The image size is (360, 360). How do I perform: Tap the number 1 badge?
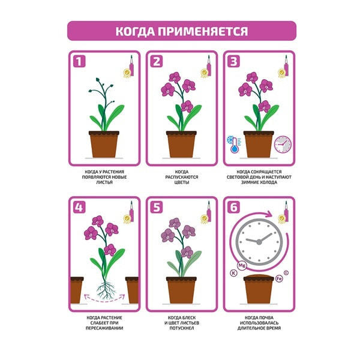79,62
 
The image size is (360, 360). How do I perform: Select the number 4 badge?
79,208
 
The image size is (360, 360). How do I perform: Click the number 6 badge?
234,208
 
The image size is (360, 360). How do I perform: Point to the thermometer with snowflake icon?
234,145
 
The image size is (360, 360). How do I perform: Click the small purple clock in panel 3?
283,145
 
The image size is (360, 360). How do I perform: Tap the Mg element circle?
242,266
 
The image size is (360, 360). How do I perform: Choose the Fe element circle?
279,279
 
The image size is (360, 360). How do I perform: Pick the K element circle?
233,273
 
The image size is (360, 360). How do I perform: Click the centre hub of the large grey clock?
259,242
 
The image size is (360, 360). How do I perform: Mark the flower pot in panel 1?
104,144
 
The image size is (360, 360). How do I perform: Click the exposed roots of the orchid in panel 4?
105,290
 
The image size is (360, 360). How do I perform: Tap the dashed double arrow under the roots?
104,299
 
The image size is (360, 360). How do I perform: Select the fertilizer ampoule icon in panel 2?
209,65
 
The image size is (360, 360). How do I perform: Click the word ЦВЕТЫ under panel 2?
182,182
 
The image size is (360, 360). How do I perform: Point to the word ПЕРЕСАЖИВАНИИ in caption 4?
104,328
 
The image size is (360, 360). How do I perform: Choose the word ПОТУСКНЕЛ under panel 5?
182,328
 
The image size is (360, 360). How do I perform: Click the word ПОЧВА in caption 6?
266,318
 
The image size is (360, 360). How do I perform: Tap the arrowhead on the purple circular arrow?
269,214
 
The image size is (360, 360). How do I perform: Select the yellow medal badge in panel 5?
204,219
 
